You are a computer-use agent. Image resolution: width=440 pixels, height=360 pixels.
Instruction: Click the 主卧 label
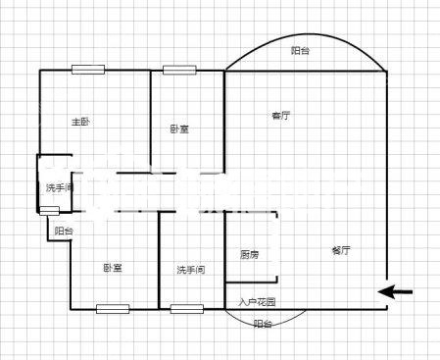click(x=80, y=122)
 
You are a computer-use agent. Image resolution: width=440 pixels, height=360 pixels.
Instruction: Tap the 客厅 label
click(x=281, y=116)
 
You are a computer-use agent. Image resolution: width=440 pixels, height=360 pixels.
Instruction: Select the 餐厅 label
click(x=341, y=250)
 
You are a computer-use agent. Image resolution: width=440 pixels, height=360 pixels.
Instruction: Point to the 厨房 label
click(x=250, y=254)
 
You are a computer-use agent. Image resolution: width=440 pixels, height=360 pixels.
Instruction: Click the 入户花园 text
click(x=257, y=302)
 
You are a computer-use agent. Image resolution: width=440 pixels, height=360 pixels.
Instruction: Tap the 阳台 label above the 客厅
click(x=300, y=51)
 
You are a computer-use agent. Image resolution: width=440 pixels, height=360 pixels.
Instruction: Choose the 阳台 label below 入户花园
click(x=263, y=324)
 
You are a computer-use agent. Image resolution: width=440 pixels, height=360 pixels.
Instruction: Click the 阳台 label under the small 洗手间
click(x=64, y=231)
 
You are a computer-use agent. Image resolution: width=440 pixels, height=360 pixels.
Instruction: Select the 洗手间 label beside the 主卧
click(x=60, y=187)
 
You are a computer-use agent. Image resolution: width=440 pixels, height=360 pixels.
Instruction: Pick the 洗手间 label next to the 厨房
click(x=191, y=270)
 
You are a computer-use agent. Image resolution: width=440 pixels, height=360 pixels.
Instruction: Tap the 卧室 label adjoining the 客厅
click(x=179, y=129)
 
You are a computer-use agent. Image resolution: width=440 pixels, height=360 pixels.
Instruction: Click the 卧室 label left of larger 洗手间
click(x=113, y=268)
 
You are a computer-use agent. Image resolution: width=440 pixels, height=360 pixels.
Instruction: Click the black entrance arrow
click(x=395, y=291)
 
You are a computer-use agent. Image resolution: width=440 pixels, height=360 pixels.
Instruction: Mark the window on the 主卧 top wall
click(x=88, y=70)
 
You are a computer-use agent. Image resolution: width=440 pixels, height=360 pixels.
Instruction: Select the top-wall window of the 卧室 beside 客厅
click(x=179, y=70)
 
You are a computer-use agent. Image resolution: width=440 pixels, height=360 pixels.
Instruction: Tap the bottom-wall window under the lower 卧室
click(x=113, y=309)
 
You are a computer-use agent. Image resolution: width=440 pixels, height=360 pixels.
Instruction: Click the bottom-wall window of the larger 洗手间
click(x=187, y=309)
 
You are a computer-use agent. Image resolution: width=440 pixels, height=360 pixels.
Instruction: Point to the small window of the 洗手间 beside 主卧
click(x=49, y=211)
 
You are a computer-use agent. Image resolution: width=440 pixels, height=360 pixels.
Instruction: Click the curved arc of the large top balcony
click(x=306, y=34)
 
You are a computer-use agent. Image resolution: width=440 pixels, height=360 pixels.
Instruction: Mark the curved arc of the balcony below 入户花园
click(x=266, y=326)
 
